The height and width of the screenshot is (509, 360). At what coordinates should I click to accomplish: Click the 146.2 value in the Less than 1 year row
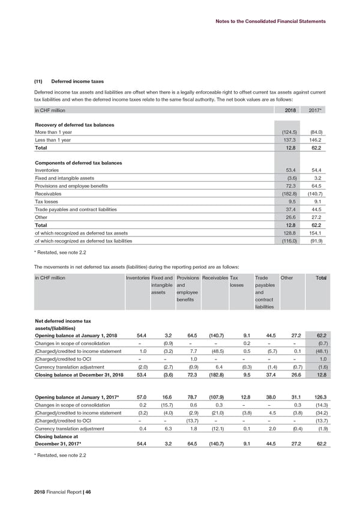(x=316, y=139)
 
